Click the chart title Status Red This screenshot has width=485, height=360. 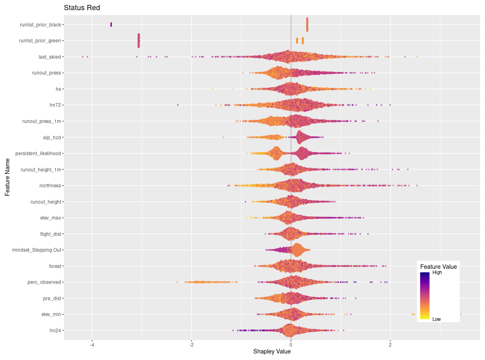(x=82, y=8)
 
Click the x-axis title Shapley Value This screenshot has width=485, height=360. (x=272, y=351)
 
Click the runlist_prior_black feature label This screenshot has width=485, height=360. (x=40, y=25)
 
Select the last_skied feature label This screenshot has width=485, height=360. (x=50, y=57)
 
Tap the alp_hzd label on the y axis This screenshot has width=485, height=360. (x=52, y=137)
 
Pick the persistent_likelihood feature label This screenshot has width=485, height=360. (x=38, y=154)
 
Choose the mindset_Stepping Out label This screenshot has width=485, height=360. (x=37, y=250)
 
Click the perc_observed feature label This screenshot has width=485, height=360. (x=44, y=282)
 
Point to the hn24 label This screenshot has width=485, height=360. (x=55, y=330)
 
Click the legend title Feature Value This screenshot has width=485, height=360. (x=438, y=267)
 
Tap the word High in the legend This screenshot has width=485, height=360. (x=437, y=273)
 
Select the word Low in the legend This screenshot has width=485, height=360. (x=436, y=319)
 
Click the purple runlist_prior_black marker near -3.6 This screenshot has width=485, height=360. (x=111, y=25)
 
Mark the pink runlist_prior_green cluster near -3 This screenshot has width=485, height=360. (x=139, y=41)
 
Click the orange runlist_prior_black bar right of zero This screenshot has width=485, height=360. (x=307, y=24)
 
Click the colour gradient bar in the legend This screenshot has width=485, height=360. (x=424, y=295)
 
